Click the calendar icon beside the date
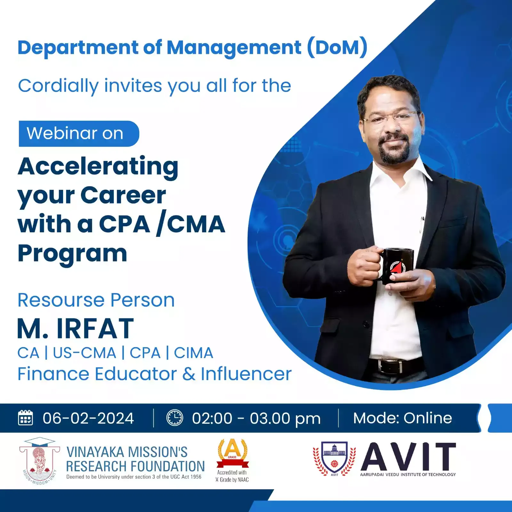25,418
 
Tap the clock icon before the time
175,418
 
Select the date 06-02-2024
88,418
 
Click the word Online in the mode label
428,418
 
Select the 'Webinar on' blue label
79,133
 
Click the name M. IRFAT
76,328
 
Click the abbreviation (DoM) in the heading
337,48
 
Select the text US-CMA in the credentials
84,353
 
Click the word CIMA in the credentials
194,353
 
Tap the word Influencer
246,374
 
